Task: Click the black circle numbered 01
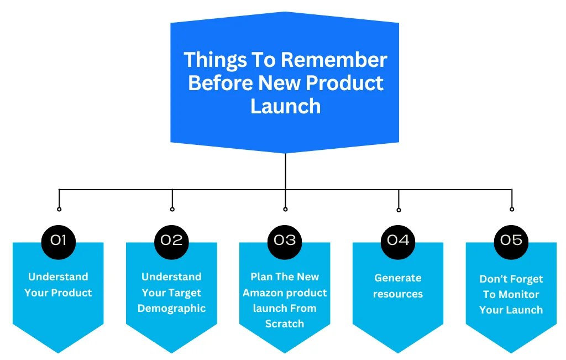coord(59,241)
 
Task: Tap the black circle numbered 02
coord(172,241)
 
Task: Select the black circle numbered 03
coord(285,241)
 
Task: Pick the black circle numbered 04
coord(398,241)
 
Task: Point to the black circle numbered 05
coord(511,241)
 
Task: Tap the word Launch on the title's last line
coord(285,106)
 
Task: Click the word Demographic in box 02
coord(171,309)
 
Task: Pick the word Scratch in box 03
coord(285,324)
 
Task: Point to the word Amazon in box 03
coord(264,293)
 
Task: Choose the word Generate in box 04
coord(398,278)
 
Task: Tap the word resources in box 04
coord(398,294)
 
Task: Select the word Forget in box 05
coord(526,279)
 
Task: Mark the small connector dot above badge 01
coord(59,209)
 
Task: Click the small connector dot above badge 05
coord(512,209)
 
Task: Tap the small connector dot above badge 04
coord(399,210)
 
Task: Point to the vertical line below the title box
coord(285,171)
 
